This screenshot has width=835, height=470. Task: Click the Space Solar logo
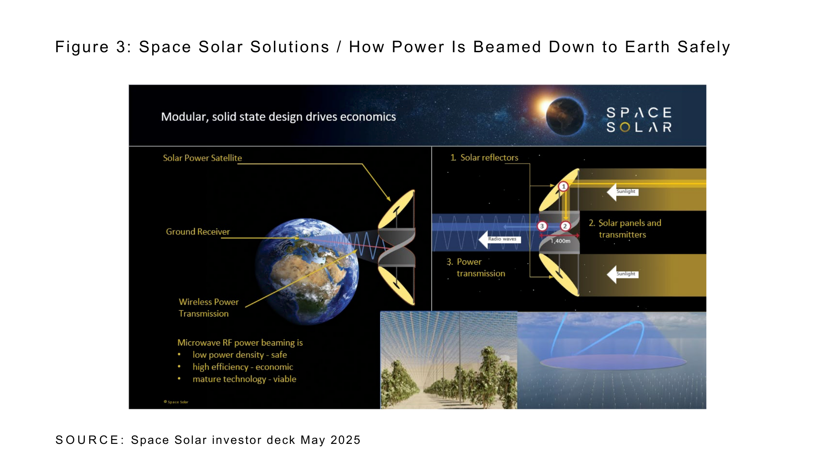pos(639,120)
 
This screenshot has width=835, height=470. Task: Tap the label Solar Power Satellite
pos(202,158)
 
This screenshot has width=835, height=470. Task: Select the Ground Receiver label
pos(198,232)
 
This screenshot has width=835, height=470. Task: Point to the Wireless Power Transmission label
pos(209,308)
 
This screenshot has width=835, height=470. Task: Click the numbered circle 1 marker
pos(564,187)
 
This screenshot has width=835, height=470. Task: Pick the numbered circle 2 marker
pos(565,226)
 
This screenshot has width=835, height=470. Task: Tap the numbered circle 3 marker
pos(542,226)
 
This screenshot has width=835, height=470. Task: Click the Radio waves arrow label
pos(500,239)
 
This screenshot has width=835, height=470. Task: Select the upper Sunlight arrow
pos(623,192)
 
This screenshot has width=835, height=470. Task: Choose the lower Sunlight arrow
pos(623,274)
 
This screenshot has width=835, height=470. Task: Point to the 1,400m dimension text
pos(561,241)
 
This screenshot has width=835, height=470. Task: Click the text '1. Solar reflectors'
pos(484,158)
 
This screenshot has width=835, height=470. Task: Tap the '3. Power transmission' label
pos(476,268)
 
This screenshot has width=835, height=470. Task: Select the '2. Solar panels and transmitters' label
pos(625,229)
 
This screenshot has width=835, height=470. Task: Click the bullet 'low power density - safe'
pos(240,355)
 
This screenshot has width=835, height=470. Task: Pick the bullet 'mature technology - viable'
pos(244,379)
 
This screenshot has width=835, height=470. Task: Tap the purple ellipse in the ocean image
pos(613,362)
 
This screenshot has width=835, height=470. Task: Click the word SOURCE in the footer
pos(90,440)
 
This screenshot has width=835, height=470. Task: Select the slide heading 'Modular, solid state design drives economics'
pos(278,117)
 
